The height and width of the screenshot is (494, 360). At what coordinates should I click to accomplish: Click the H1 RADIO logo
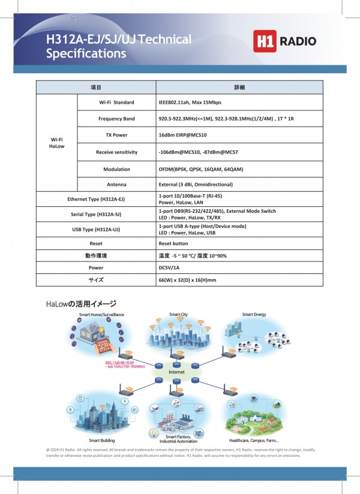point(285,41)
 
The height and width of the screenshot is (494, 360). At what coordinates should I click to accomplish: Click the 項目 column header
point(96,88)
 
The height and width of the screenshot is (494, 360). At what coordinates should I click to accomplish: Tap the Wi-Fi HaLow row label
point(56,143)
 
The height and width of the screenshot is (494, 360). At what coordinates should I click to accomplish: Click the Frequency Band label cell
point(116,119)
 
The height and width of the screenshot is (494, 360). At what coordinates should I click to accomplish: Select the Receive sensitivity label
point(116,152)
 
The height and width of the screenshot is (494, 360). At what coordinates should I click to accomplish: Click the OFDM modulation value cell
point(200,169)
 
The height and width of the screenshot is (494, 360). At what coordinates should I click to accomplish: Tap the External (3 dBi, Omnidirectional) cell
point(196,185)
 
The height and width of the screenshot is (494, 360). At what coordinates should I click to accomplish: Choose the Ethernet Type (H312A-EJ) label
point(96,199)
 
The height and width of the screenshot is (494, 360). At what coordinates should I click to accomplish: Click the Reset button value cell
point(173,244)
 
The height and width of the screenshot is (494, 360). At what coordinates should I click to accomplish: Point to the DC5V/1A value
point(170,268)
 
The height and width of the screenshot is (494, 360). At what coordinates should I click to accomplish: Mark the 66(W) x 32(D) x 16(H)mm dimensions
point(187,280)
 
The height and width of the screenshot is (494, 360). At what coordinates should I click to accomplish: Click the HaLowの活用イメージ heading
point(80,305)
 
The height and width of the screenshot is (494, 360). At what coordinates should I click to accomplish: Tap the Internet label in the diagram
point(176,372)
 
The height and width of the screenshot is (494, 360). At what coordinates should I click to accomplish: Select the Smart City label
point(178,315)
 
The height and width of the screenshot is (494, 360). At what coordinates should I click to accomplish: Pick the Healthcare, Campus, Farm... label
point(254,440)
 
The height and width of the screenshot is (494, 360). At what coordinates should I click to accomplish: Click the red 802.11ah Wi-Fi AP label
point(119,363)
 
